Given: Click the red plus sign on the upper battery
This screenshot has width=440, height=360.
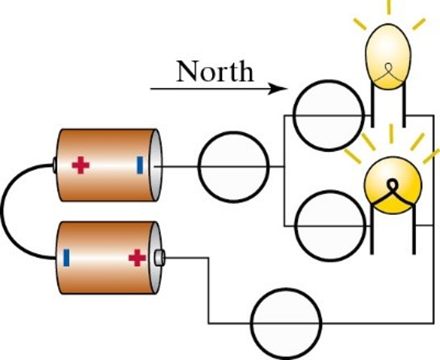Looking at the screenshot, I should coord(80,165).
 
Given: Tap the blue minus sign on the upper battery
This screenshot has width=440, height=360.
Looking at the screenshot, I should coord(140,165).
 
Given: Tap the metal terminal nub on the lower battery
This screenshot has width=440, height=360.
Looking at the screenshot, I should coord(159,257).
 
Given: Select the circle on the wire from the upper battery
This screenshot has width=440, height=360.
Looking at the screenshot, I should coord(234,167).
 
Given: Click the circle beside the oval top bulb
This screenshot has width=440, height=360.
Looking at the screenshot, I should coord(329,115).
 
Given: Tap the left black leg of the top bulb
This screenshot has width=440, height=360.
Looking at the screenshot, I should coord(373,108).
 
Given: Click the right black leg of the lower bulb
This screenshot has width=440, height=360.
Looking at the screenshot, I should coord(414,232).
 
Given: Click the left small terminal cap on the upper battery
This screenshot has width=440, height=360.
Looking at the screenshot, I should coord(55,165).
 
